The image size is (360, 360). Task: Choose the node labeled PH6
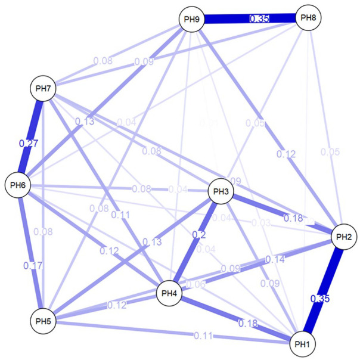click(18, 185)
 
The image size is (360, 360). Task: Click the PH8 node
click(308, 18)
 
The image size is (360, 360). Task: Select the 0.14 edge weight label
click(275, 259)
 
